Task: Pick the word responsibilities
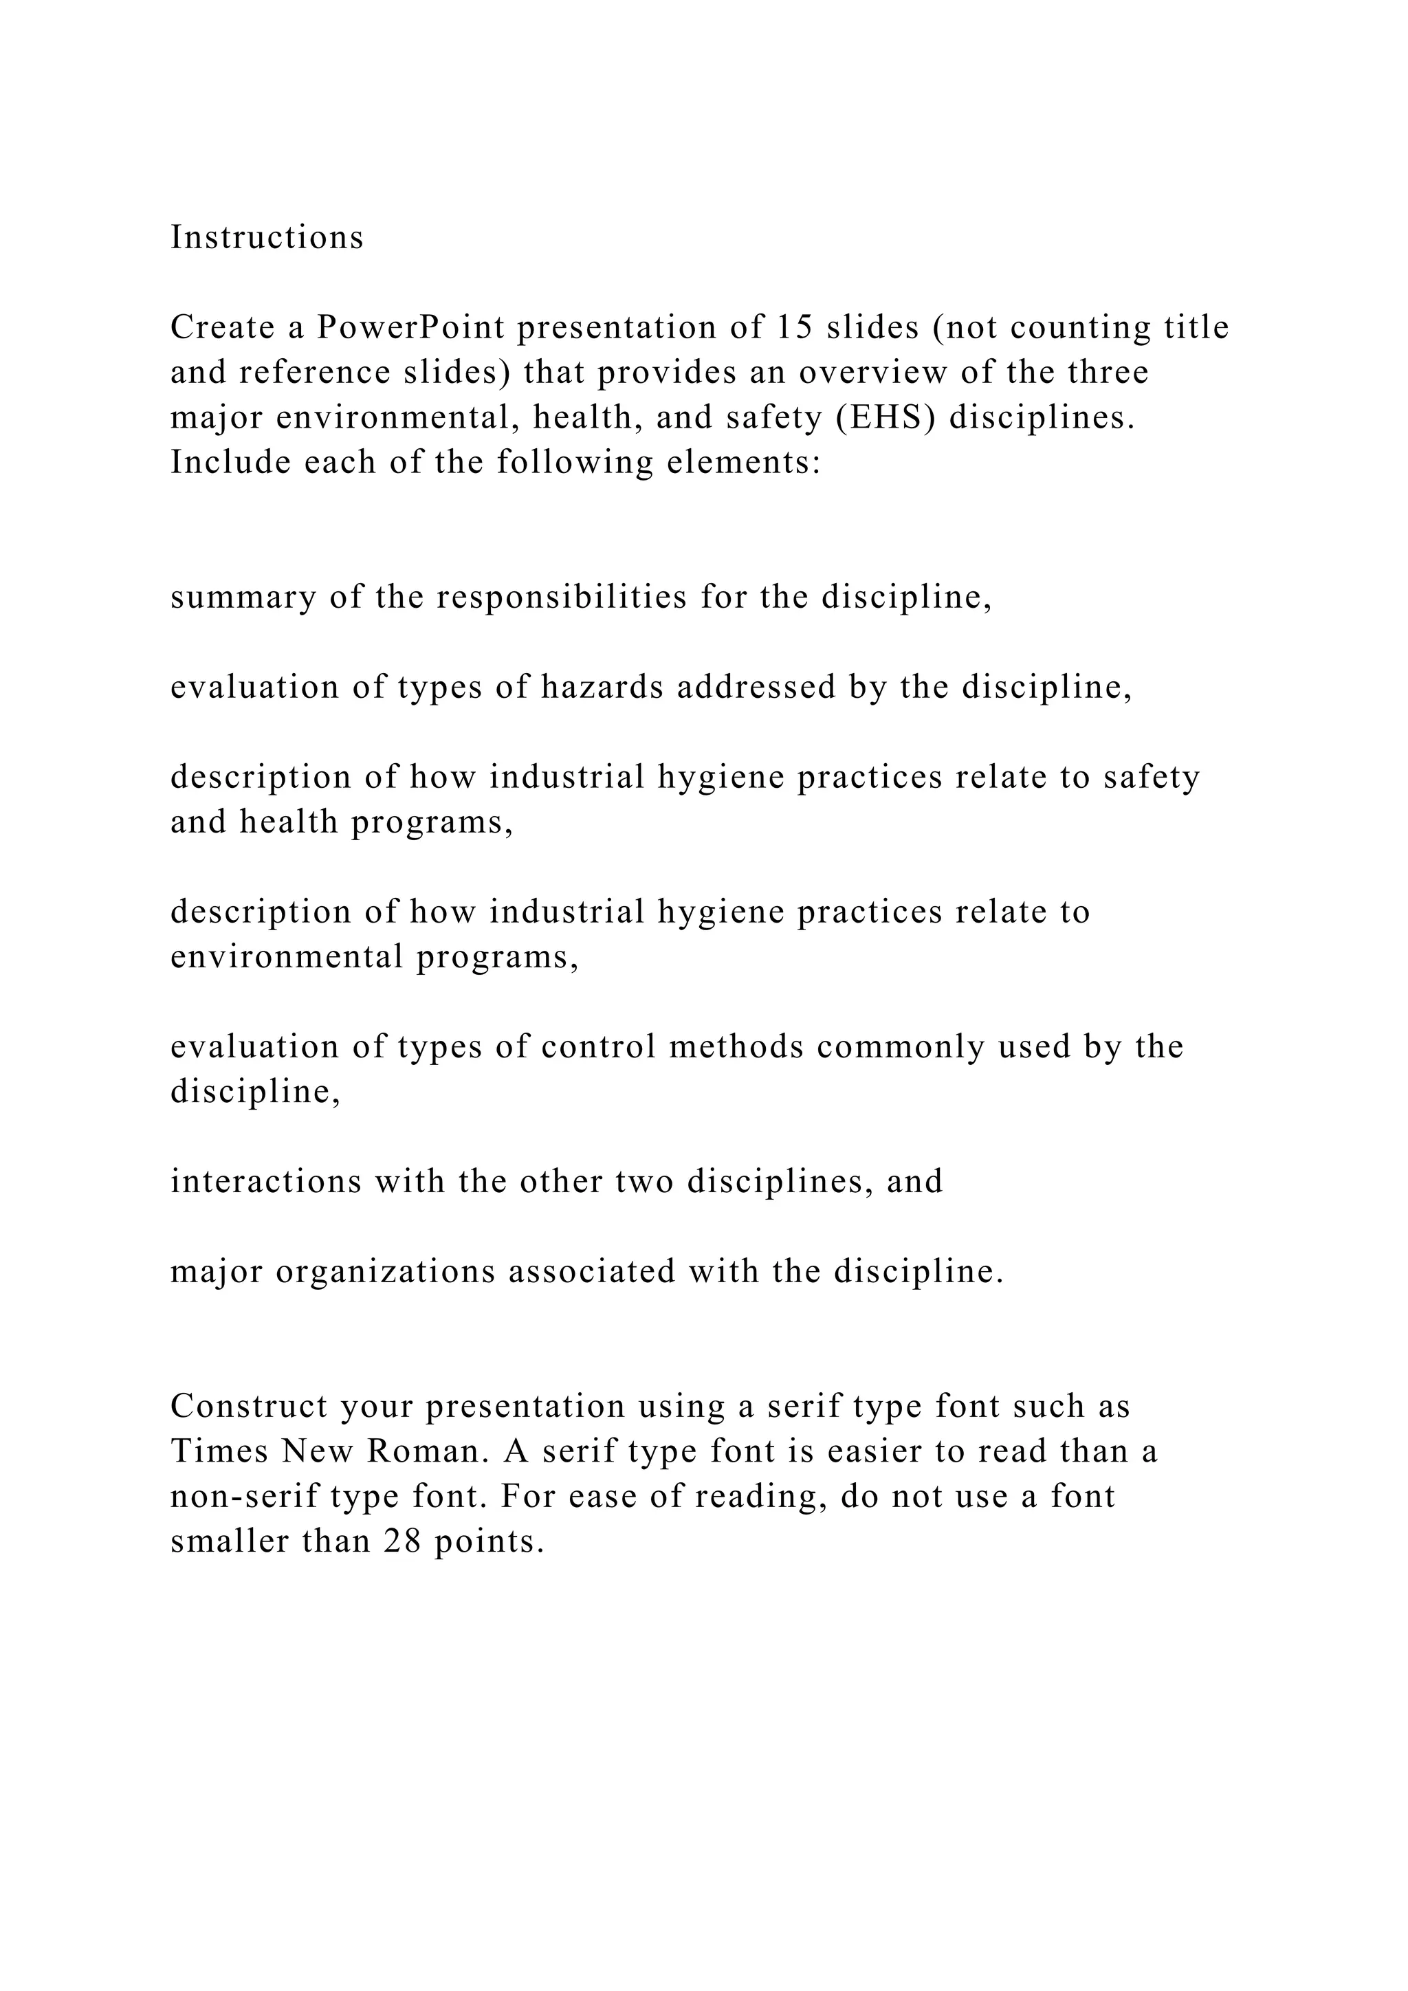click(x=562, y=597)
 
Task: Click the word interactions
click(x=266, y=1181)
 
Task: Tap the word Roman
click(x=424, y=1451)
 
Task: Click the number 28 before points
click(x=401, y=1541)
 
